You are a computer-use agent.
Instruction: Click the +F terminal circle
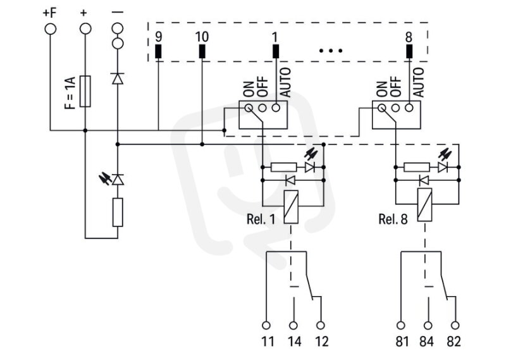[x=51, y=29]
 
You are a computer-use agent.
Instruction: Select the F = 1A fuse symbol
[x=85, y=91]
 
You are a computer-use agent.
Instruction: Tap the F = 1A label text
[x=70, y=92]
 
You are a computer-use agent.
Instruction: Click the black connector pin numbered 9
[x=158, y=51]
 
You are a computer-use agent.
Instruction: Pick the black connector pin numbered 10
[x=202, y=51]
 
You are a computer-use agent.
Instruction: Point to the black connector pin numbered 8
[x=409, y=51]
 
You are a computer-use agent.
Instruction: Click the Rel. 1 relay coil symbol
[x=291, y=207]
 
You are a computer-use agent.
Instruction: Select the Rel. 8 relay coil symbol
[x=424, y=205]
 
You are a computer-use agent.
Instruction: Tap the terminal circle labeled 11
[x=266, y=325]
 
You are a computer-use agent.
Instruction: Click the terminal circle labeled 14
[x=293, y=325]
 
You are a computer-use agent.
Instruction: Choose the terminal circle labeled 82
[x=455, y=325]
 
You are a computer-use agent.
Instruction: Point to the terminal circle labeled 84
[x=428, y=325]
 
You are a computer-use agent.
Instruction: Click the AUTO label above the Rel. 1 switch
[x=286, y=82]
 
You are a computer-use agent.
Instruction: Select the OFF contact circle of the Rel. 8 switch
[x=396, y=108]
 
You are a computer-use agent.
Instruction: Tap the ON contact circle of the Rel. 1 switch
[x=249, y=108]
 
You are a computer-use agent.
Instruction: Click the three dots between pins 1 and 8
[x=331, y=51]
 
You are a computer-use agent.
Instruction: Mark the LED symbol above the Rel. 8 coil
[x=443, y=167]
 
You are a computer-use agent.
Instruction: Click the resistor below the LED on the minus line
[x=118, y=212]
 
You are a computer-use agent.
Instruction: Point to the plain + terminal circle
[x=85, y=29]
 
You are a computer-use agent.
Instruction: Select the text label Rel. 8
[x=393, y=220]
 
